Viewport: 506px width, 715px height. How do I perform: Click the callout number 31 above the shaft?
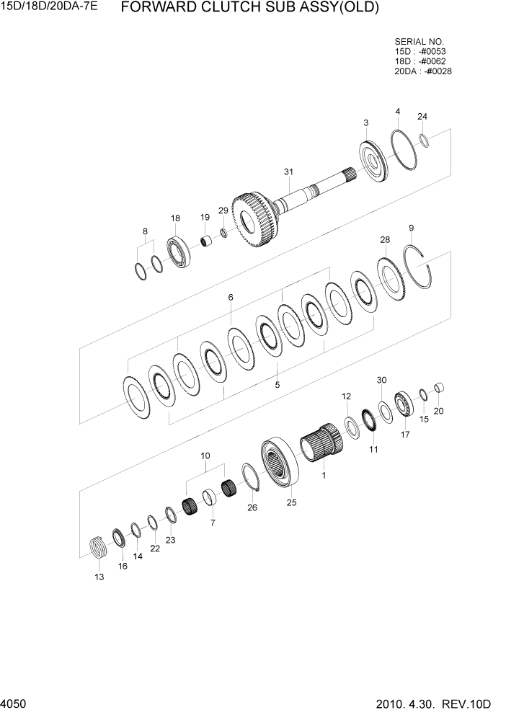click(288, 172)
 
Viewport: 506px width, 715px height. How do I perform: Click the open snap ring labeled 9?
click(421, 267)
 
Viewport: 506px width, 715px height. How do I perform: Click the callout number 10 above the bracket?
click(205, 456)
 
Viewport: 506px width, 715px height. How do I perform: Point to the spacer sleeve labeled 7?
click(210, 498)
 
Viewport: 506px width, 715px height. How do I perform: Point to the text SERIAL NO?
click(419, 42)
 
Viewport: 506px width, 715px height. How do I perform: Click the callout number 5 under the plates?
click(278, 385)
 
